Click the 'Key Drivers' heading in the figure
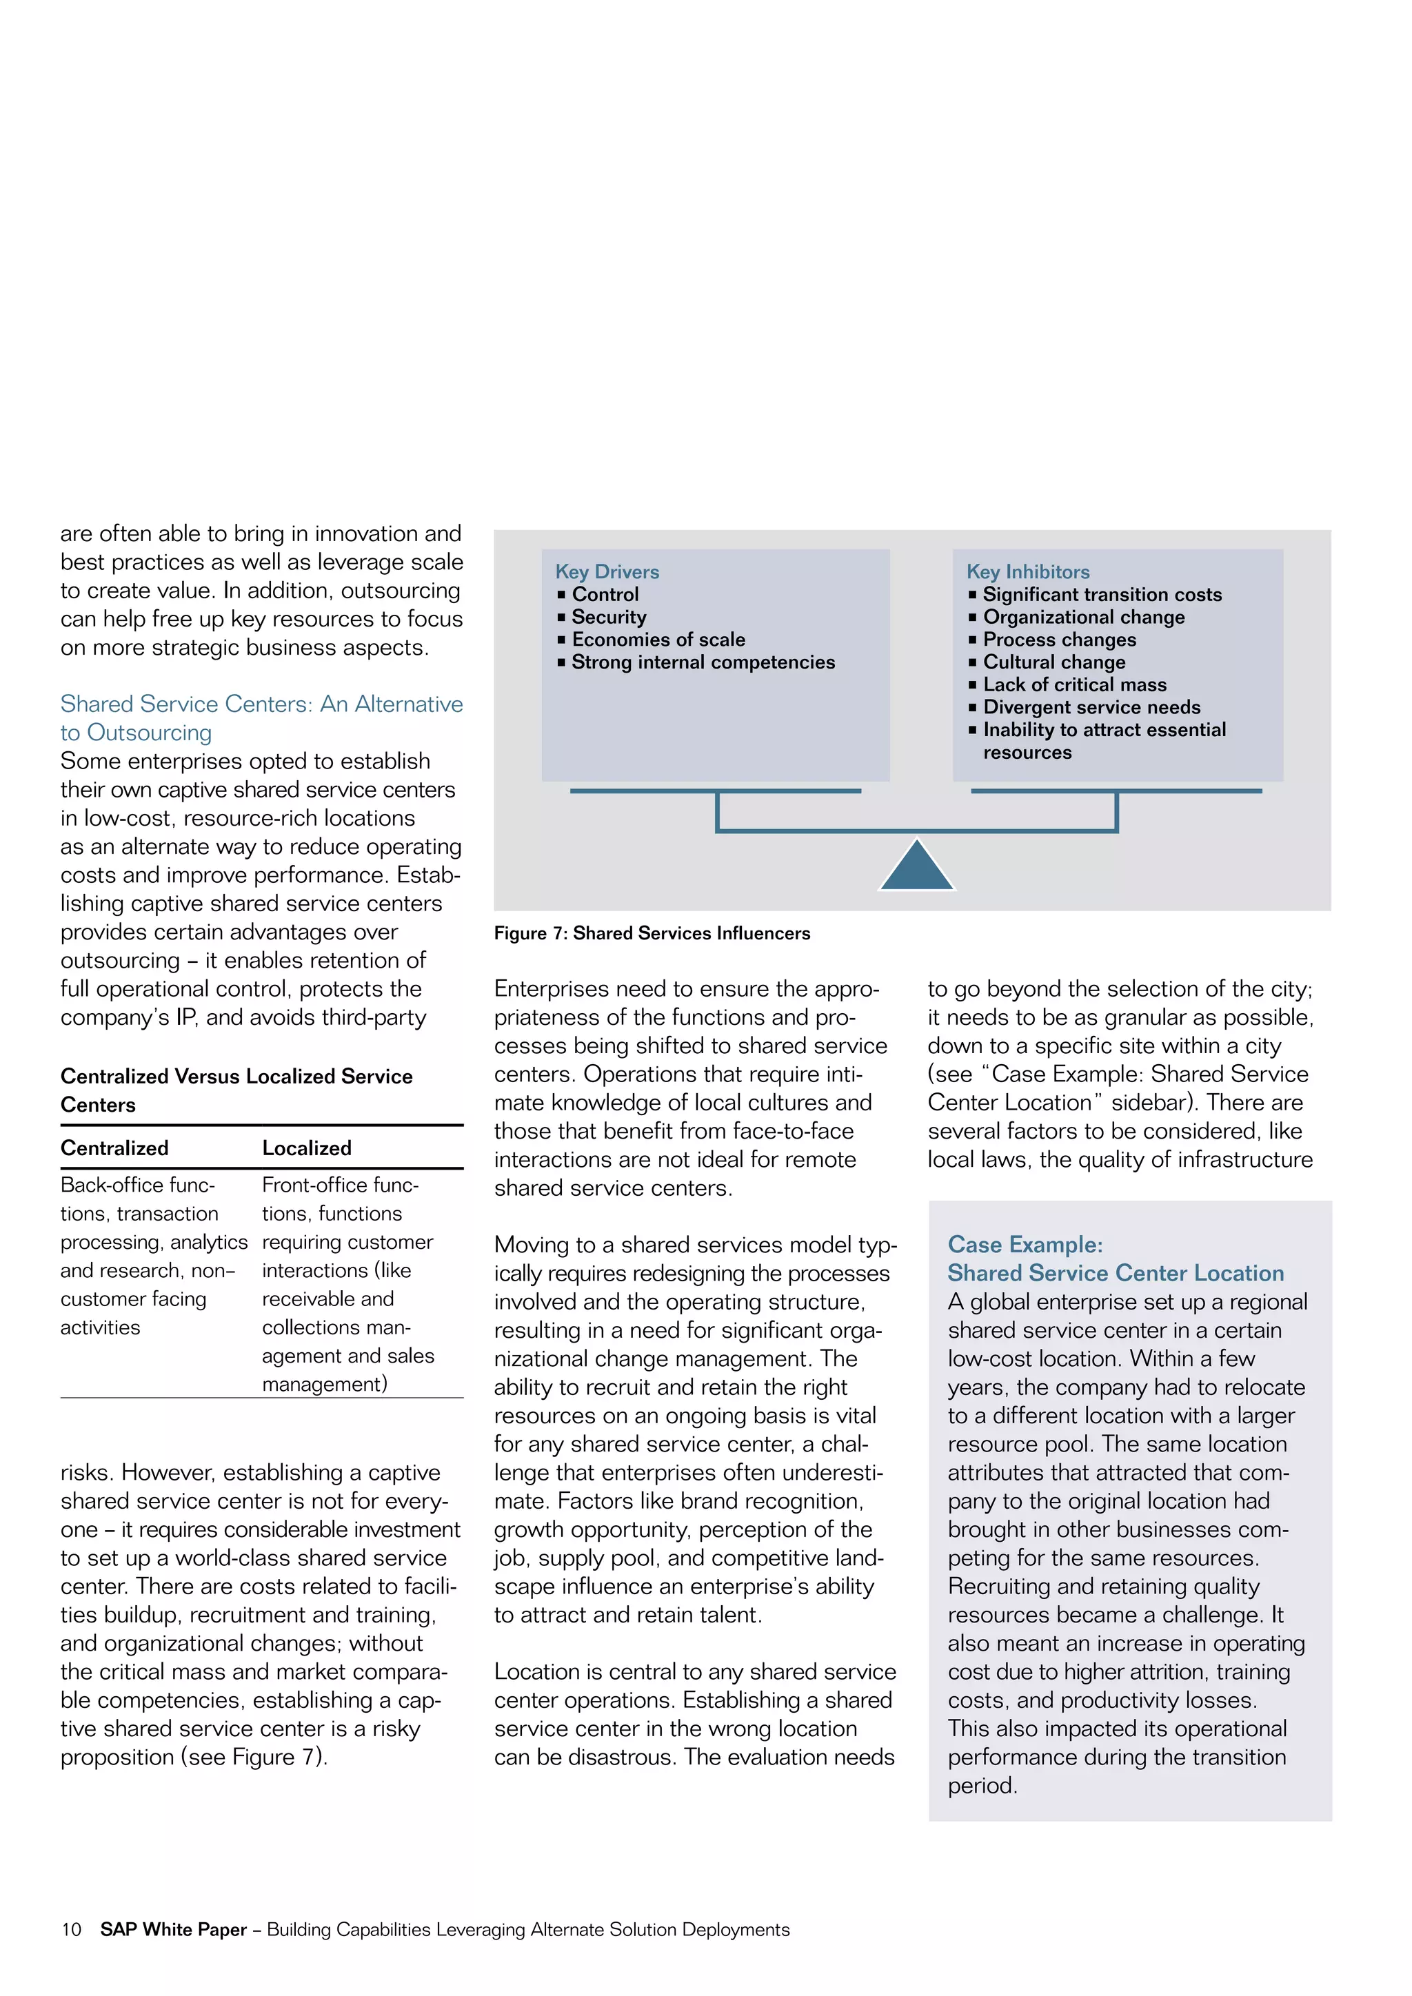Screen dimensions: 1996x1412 [607, 571]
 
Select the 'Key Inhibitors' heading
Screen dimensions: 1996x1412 [1028, 571]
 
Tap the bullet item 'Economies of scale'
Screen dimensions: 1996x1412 [658, 639]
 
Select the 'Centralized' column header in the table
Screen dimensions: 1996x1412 [114, 1148]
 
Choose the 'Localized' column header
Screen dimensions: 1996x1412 [307, 1148]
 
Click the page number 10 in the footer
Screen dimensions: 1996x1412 [71, 1929]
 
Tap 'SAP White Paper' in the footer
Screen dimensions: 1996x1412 [173, 1929]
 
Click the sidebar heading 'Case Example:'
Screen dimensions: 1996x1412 [1025, 1244]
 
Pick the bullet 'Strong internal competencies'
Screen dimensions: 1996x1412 [703, 662]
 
